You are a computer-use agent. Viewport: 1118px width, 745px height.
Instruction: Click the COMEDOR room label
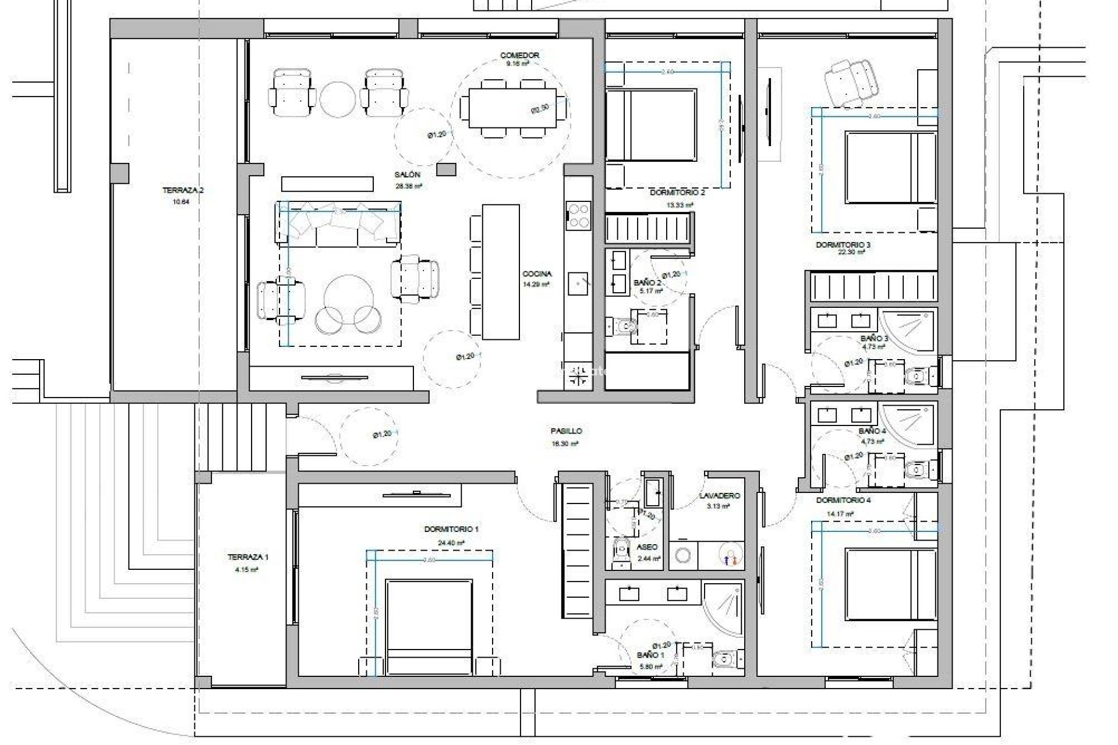coord(519,55)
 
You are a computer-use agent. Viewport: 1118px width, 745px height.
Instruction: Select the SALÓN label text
coord(408,175)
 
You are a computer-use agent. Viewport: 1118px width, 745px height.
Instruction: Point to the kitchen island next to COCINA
coord(501,271)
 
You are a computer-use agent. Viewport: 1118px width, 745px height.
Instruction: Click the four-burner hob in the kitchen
coord(579,215)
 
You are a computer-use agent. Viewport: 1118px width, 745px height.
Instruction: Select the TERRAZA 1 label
coord(248,557)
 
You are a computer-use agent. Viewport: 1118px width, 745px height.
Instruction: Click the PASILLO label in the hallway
coord(566,431)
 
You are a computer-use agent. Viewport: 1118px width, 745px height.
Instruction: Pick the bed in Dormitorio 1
coord(429,626)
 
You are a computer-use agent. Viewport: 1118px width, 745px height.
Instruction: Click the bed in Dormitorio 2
coord(651,125)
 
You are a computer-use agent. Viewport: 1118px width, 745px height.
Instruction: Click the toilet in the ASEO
coord(622,551)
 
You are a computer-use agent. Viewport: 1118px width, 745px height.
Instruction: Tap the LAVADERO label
coord(720,496)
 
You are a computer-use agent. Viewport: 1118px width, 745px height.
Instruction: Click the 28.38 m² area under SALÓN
coord(408,186)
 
